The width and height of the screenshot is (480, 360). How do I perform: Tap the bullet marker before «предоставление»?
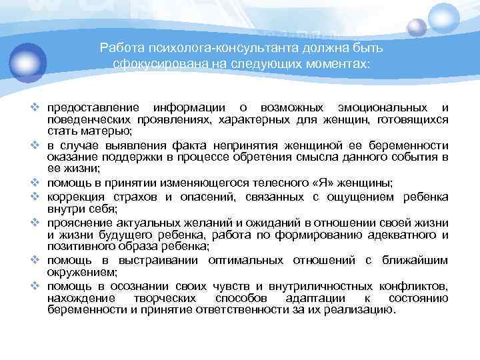coord(39,108)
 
